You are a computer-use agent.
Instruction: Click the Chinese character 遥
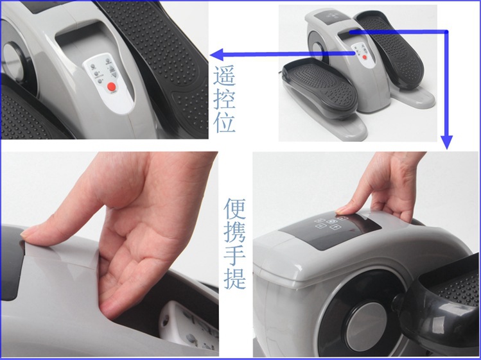pos(225,75)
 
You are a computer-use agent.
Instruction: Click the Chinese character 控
pos(225,98)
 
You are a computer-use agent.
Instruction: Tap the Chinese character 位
pos(225,122)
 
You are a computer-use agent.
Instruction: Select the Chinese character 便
pos(234,208)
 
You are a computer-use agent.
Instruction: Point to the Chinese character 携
pos(234,232)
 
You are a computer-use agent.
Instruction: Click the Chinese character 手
pos(234,255)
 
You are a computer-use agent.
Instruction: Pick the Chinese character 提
pos(234,279)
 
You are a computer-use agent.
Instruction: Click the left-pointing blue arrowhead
pos(216,55)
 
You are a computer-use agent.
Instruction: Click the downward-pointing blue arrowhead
pos(447,142)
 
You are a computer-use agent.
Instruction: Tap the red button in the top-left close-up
pos(112,87)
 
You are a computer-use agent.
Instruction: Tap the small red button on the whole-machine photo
pos(364,57)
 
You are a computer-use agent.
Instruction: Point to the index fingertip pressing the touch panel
pos(341,210)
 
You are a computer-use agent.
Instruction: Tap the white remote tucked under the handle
pos(189,327)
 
